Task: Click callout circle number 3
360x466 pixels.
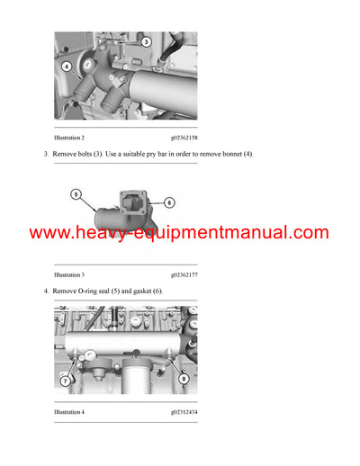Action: click(x=147, y=41)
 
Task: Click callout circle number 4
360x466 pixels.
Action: click(x=67, y=66)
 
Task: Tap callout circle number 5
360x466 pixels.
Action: click(x=76, y=194)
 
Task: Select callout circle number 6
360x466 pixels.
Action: click(x=169, y=203)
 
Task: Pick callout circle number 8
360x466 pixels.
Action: click(x=184, y=380)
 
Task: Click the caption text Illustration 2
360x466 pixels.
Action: click(x=69, y=138)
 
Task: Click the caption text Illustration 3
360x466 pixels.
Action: click(x=69, y=274)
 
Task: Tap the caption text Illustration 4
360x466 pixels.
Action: click(x=69, y=412)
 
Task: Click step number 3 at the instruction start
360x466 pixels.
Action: click(x=46, y=155)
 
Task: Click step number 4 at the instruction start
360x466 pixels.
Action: click(x=46, y=292)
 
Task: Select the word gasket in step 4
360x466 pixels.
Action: click(x=139, y=292)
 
